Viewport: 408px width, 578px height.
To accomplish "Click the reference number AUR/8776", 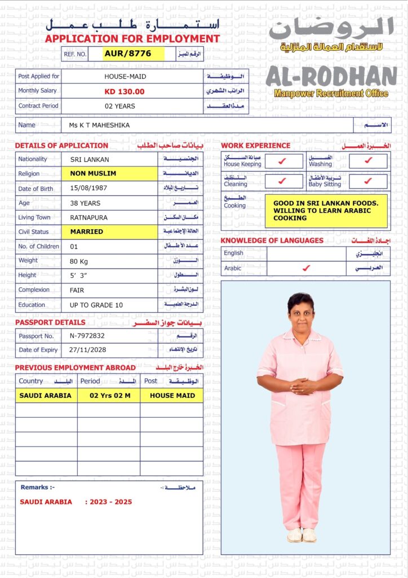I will tap(128, 54).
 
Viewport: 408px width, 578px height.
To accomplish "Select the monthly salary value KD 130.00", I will tap(125, 91).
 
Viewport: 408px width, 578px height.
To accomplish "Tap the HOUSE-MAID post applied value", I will tap(125, 76).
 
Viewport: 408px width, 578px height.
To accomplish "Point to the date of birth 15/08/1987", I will tap(88, 189).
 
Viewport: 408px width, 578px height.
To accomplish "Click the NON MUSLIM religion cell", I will tap(94, 174).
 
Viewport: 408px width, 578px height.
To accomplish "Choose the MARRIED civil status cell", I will tap(87, 231).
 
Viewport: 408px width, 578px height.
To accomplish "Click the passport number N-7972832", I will tap(87, 336).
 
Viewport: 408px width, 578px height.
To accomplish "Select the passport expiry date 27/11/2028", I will tap(89, 350).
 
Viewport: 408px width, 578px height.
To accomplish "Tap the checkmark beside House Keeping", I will tap(283, 161).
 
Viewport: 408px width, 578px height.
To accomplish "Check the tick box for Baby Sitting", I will tap(368, 181).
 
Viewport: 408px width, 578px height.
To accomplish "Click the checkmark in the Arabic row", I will tap(306, 268).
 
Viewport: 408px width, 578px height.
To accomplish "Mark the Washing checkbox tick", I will tap(368, 161).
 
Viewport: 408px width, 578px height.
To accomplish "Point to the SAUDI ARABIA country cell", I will tap(46, 396).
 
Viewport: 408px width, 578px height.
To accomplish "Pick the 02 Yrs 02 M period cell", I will tap(110, 396).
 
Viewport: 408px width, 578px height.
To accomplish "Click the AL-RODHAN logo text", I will tap(331, 77).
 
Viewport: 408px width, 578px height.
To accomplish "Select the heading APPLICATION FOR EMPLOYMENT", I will tap(132, 39).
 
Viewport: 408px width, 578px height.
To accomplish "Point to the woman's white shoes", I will tap(302, 535).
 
